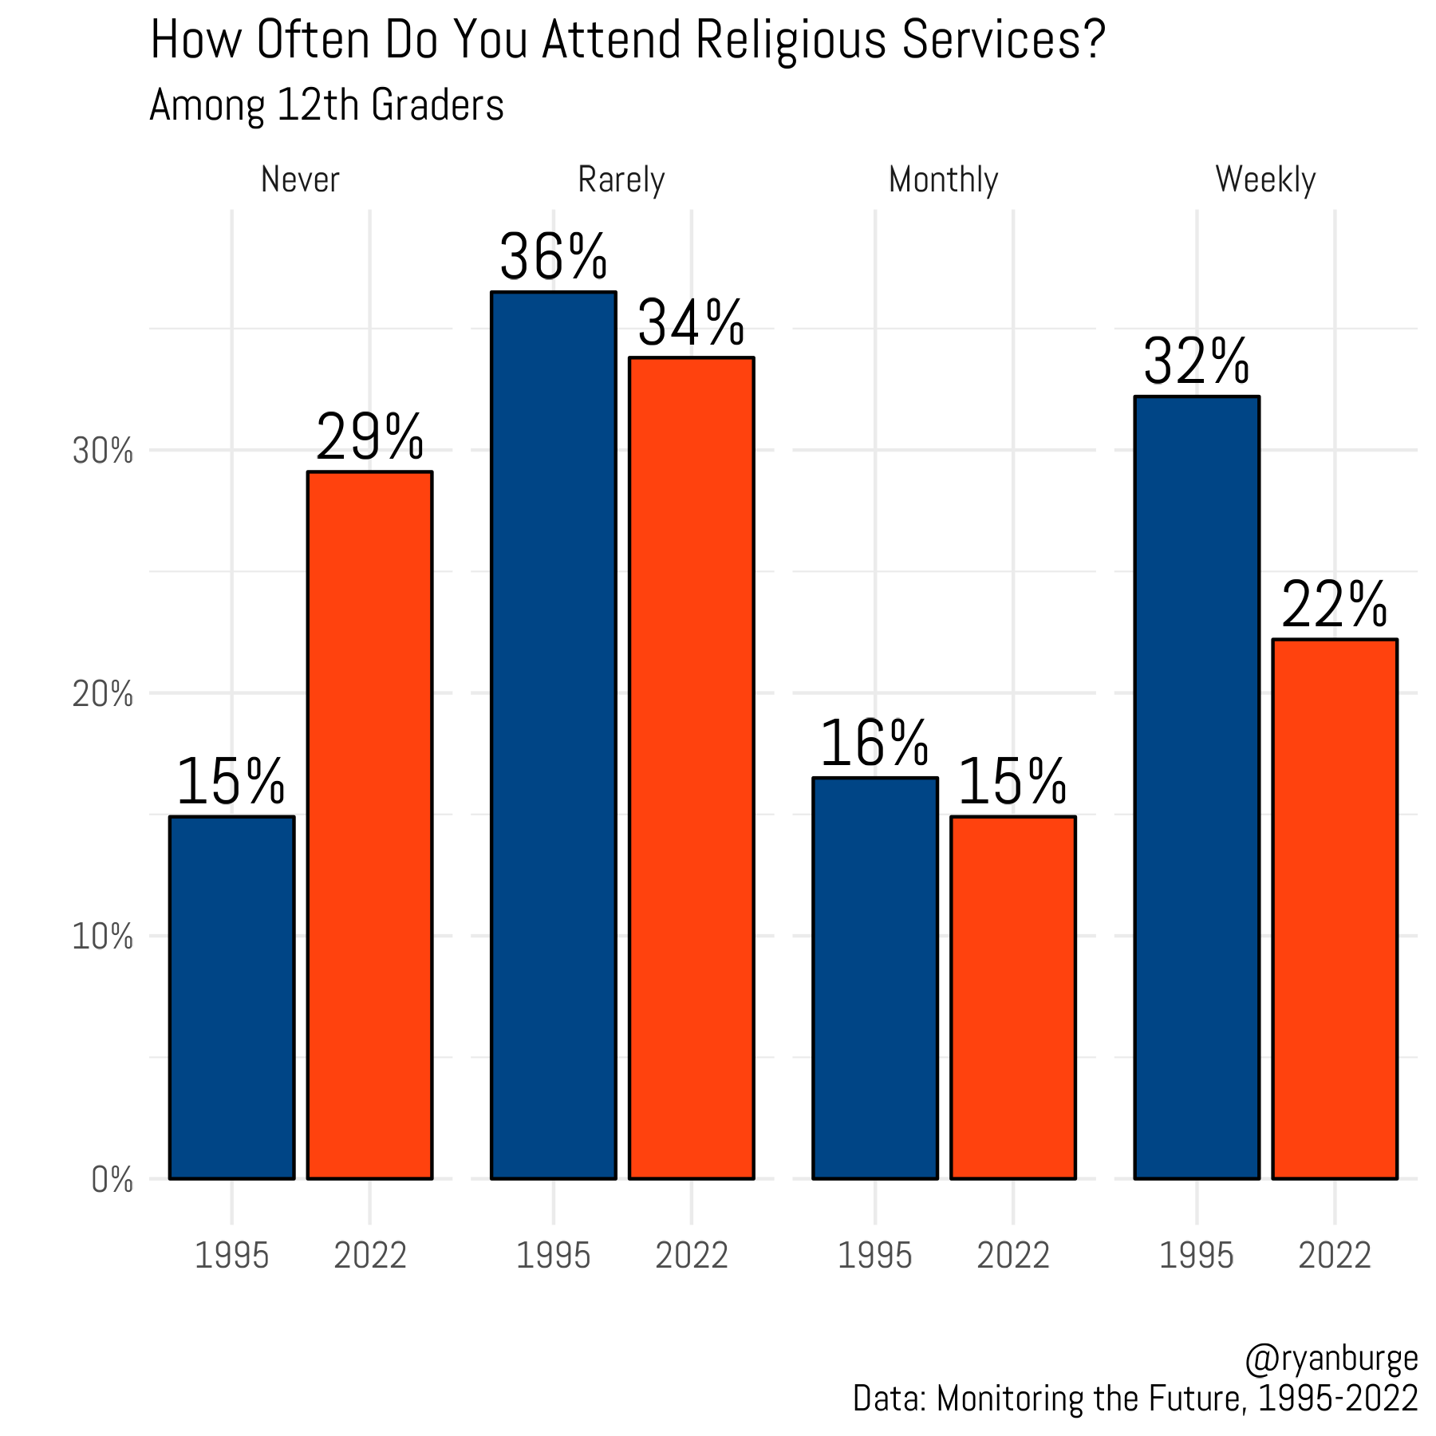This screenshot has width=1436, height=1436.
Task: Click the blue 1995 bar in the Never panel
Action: [231, 997]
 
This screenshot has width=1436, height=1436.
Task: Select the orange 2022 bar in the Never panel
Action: [369, 825]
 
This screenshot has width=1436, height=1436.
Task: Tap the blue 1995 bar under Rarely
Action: [553, 735]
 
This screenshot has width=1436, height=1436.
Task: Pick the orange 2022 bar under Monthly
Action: [1012, 997]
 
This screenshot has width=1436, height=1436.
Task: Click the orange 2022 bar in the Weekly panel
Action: [1334, 909]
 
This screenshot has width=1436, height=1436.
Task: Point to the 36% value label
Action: [553, 257]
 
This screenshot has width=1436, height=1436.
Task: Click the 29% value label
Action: [369, 436]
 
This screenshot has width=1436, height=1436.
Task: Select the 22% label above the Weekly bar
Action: [1334, 605]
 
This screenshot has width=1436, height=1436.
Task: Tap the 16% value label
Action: [874, 743]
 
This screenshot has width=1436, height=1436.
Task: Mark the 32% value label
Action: [1196, 361]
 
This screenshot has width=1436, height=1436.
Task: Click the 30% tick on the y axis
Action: [102, 452]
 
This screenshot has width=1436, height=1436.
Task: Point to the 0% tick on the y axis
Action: [112, 1179]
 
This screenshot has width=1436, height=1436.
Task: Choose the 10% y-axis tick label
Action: [102, 937]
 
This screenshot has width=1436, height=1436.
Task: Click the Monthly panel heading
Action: [943, 179]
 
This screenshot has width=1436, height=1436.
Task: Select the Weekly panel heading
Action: [1264, 179]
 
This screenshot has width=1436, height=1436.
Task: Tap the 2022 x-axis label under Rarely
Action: [691, 1256]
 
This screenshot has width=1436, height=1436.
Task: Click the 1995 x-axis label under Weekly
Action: [1196, 1256]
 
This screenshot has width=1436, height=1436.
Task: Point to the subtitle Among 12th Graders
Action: [326, 105]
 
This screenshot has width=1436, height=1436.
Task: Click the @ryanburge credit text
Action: [1331, 1359]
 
